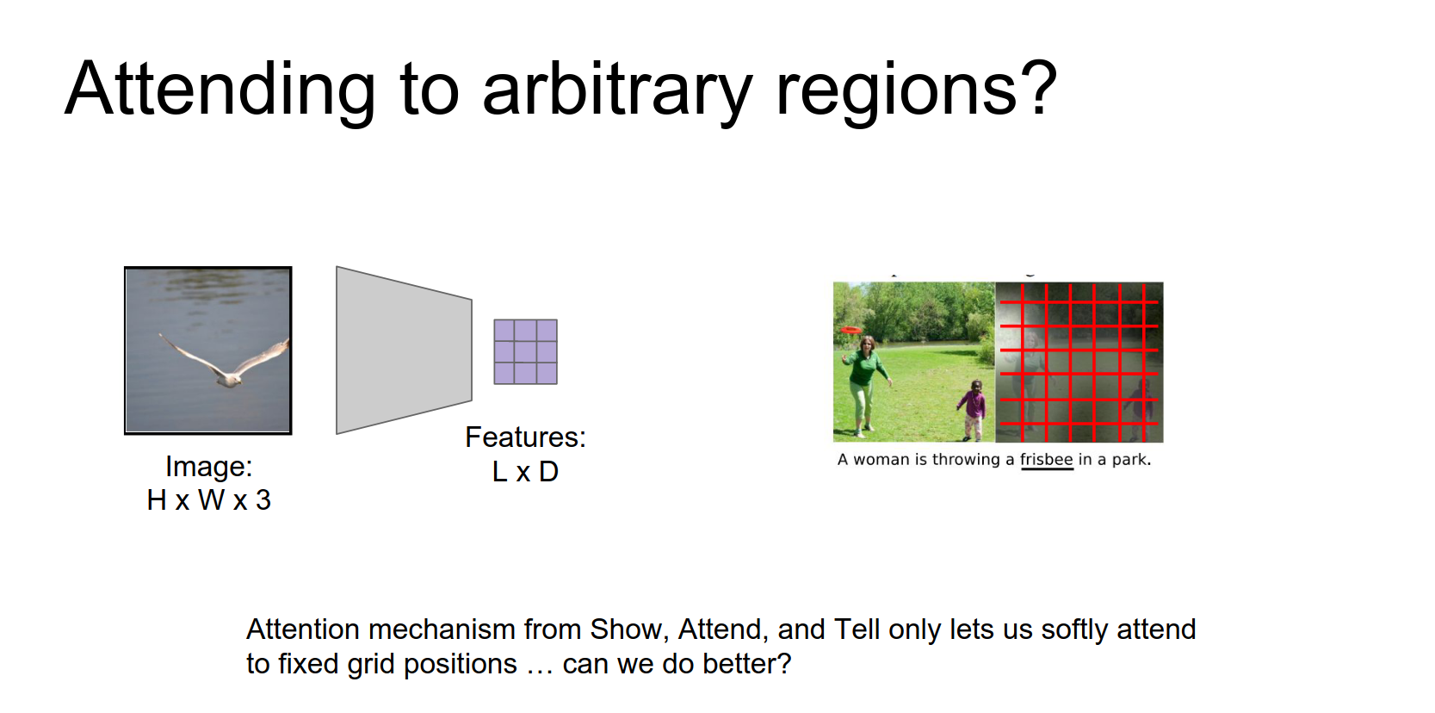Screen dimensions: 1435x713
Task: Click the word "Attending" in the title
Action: click(x=220, y=90)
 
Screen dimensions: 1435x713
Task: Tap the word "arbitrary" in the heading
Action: click(x=617, y=90)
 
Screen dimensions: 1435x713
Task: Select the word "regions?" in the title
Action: click(x=917, y=90)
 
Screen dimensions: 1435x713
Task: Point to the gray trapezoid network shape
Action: click(x=405, y=350)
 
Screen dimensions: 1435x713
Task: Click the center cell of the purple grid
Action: click(x=525, y=351)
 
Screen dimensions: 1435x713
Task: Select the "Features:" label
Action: click(x=525, y=437)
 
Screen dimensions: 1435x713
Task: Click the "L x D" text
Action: click(x=525, y=472)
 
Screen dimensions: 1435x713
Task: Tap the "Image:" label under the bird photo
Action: click(x=209, y=467)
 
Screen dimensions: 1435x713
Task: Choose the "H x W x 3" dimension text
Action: click(x=209, y=500)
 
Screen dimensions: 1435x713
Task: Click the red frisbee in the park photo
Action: click(x=850, y=330)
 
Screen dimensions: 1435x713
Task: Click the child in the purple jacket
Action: click(x=973, y=411)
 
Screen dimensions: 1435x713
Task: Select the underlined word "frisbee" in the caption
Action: click(x=1046, y=459)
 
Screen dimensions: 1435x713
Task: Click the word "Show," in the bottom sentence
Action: click(x=630, y=629)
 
